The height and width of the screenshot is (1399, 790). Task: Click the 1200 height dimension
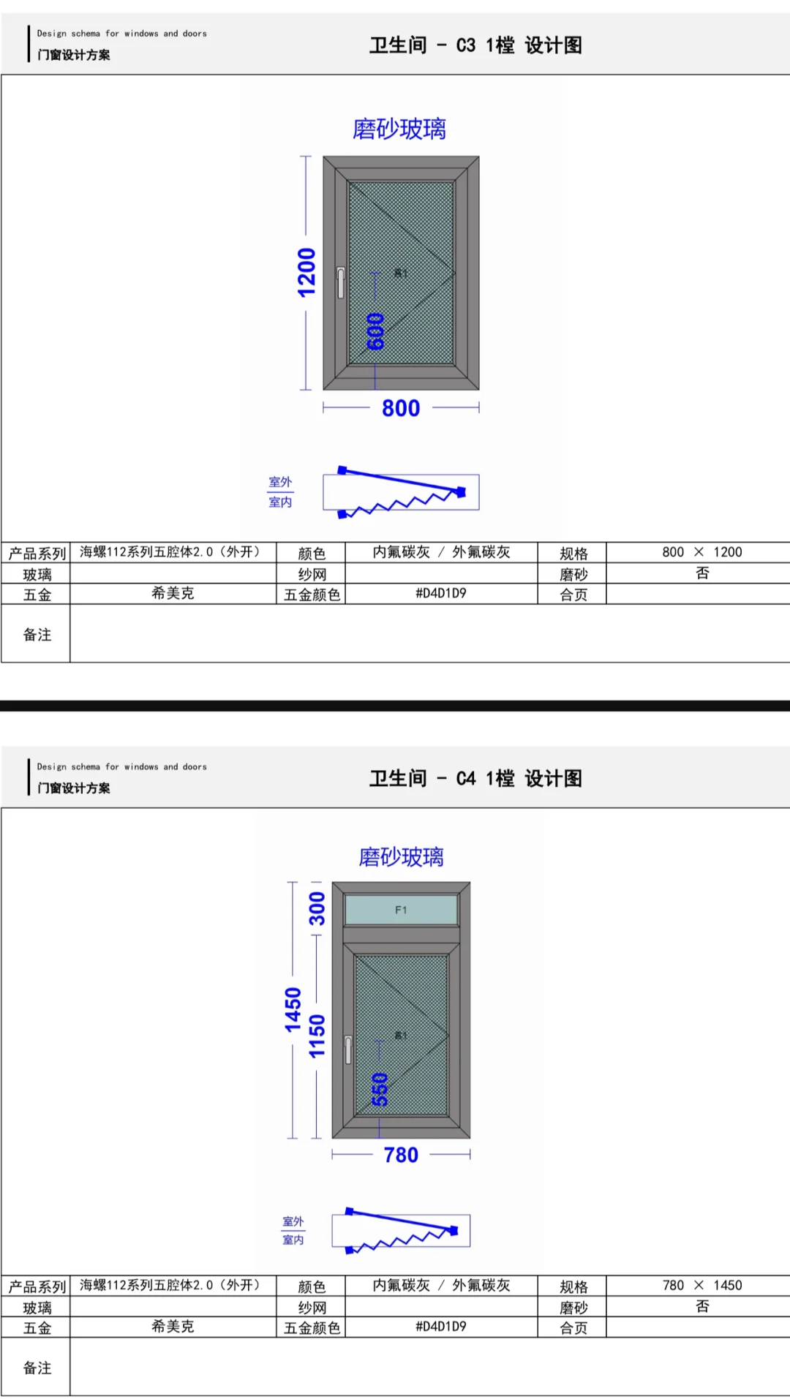coord(306,272)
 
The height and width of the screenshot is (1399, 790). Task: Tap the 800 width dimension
coord(401,408)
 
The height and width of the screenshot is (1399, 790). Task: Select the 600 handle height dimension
coord(375,331)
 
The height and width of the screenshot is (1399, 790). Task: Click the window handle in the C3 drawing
coord(341,282)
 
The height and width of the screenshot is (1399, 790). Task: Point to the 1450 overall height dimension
coord(293,1009)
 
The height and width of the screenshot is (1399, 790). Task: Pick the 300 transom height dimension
coord(317,908)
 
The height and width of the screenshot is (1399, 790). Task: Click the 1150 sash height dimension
coord(317,1036)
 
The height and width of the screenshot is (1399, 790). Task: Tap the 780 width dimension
coord(401,1155)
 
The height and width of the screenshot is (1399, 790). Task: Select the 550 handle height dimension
coord(380,1089)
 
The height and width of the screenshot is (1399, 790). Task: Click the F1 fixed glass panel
coord(401,910)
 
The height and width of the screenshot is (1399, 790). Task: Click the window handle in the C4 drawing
coord(348,1049)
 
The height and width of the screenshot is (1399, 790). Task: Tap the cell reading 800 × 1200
coord(701,552)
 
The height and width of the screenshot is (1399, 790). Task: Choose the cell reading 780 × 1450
coord(701,1285)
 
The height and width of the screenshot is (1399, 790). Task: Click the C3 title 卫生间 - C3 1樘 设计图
coord(475,45)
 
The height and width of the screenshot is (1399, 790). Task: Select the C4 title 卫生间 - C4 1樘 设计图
coord(475,778)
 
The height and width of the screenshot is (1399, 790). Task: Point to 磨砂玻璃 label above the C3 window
coord(399,129)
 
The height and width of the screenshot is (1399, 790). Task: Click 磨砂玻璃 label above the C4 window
coord(401,856)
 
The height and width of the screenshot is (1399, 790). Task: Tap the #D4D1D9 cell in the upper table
coord(441,593)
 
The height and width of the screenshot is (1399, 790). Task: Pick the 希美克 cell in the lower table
coord(173,1326)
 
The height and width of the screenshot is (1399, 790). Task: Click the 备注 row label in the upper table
coord(37,635)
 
